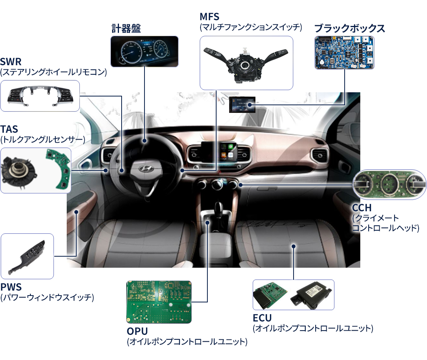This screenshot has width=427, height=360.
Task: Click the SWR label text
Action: [11, 62]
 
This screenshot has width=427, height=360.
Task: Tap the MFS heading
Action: [209, 17]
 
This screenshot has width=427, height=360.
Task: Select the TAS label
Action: [9, 129]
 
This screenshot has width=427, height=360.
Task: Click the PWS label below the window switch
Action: [11, 287]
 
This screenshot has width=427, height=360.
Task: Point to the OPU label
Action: [137, 331]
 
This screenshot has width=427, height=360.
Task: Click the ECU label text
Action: [262, 318]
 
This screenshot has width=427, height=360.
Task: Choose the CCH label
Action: [362, 208]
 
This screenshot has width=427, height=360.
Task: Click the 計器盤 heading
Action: [126, 28]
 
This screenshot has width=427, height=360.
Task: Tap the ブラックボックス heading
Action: [350, 28]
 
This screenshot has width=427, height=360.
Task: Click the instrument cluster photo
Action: [144, 51]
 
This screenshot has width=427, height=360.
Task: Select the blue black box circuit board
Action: [344, 52]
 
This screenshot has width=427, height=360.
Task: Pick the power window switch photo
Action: [27, 257]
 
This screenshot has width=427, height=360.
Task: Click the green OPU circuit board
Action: [159, 302]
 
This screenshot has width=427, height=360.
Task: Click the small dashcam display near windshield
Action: [242, 104]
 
